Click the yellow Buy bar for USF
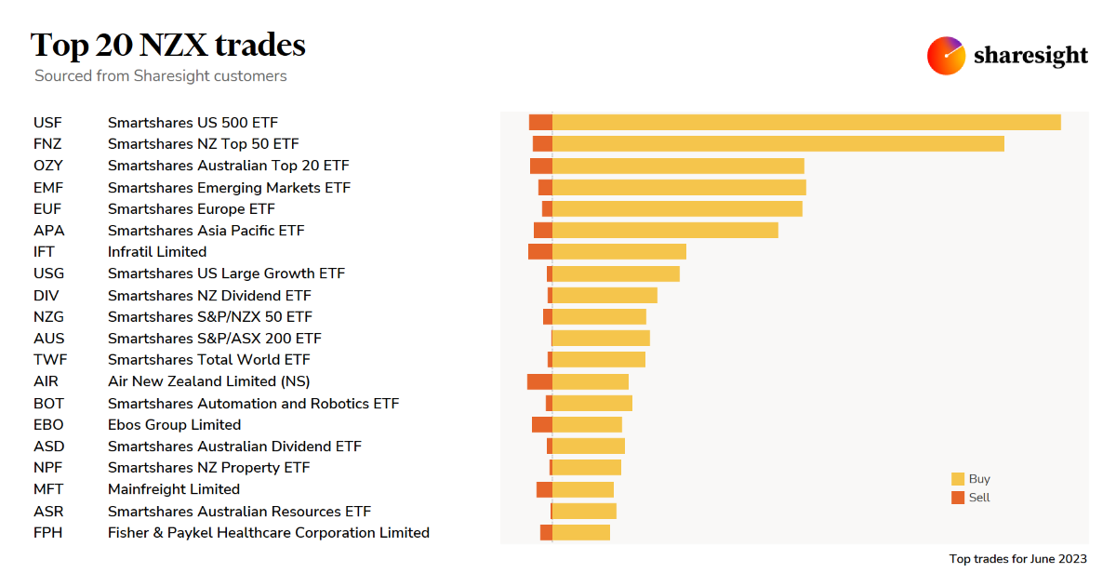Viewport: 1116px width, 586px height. pyautogui.click(x=806, y=122)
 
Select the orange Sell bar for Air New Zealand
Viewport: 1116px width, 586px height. pyautogui.click(x=539, y=381)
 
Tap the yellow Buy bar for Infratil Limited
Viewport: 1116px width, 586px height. pyautogui.click(x=619, y=251)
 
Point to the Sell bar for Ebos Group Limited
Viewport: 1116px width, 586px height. pyautogui.click(x=542, y=424)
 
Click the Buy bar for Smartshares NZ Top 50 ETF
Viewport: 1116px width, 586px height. pyautogui.click(x=778, y=143)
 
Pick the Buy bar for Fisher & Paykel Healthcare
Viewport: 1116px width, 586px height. pyautogui.click(x=581, y=532)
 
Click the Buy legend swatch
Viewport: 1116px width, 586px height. pyautogui.click(x=958, y=479)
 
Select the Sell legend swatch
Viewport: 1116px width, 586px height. pyautogui.click(x=958, y=498)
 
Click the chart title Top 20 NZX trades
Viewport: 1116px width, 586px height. pyautogui.click(x=168, y=45)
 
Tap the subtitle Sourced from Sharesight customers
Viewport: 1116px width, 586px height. pyautogui.click(x=161, y=76)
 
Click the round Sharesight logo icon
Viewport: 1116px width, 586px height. pyautogui.click(x=946, y=56)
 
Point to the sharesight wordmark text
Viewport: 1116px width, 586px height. pyautogui.click(x=1030, y=56)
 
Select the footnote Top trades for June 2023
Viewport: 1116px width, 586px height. pyautogui.click(x=1017, y=559)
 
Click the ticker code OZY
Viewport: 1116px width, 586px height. pyautogui.click(x=48, y=166)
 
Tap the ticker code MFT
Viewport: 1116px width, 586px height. pyautogui.click(x=48, y=489)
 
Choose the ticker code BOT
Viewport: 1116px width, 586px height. pyautogui.click(x=48, y=403)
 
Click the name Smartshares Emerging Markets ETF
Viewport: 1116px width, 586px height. pyautogui.click(x=229, y=187)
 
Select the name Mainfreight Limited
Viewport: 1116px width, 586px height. pyautogui.click(x=174, y=489)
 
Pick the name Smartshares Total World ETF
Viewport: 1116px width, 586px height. pyautogui.click(x=209, y=359)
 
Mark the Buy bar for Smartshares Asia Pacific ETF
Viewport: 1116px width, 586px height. pyautogui.click(x=665, y=230)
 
